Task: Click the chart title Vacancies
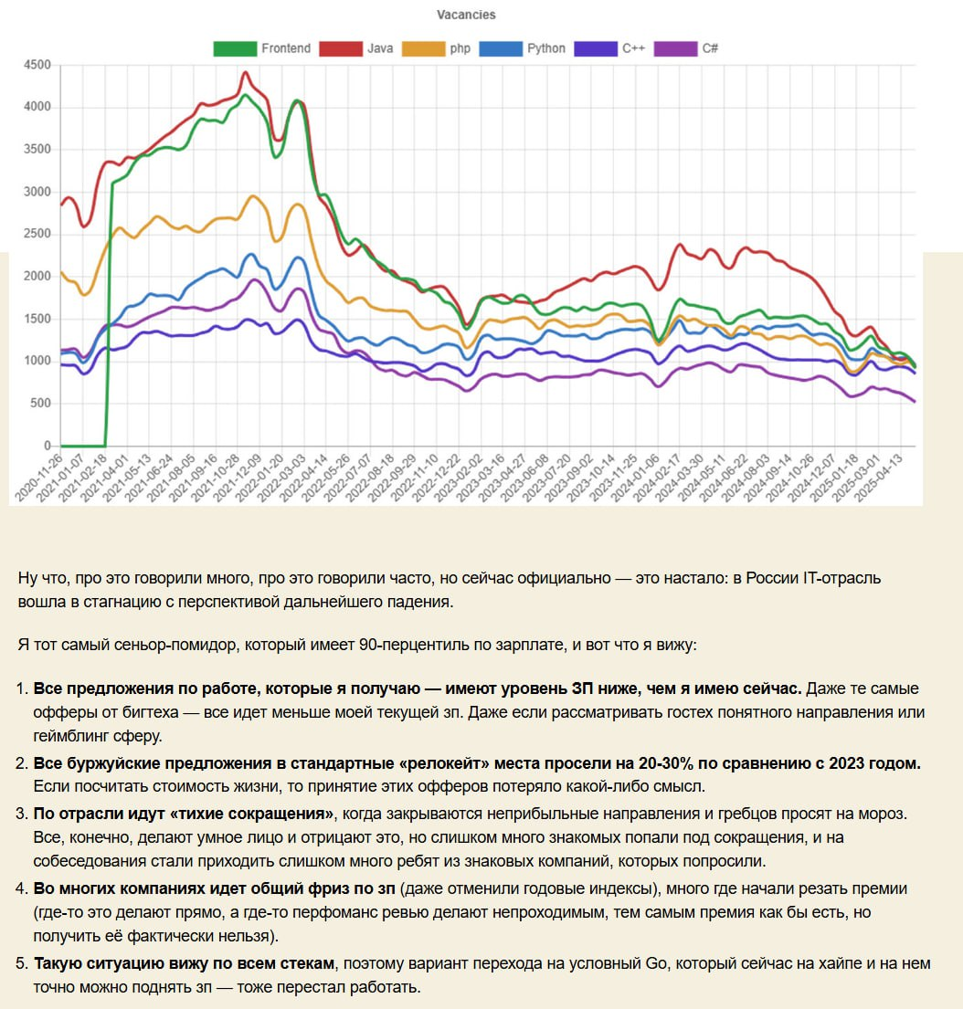click(466, 15)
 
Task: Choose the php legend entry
click(439, 48)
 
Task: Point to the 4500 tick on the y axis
click(37, 65)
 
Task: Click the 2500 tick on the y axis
click(37, 235)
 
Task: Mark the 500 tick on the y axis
click(41, 404)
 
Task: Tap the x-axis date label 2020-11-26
click(37, 477)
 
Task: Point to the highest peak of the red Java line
click(245, 72)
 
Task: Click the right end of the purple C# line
click(915, 402)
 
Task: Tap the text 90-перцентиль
click(356, 645)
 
